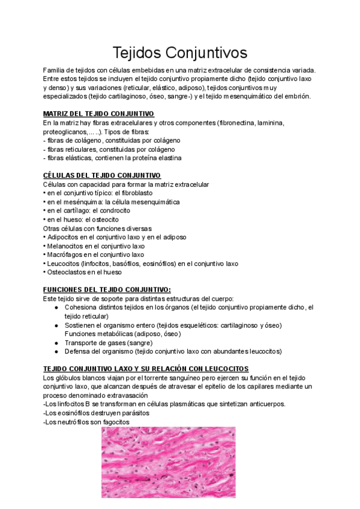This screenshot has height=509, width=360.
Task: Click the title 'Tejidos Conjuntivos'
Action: [x=180, y=53]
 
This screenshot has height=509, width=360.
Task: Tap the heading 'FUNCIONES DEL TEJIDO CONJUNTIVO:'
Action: [x=107, y=289]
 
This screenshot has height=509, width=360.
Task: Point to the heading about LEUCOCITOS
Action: [x=146, y=368]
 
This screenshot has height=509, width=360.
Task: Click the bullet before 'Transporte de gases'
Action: [x=56, y=342]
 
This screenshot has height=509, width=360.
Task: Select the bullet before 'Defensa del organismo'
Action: [x=56, y=351]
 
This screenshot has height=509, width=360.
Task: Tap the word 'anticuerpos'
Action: [x=265, y=404]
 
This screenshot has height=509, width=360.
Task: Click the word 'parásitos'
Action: [x=131, y=413]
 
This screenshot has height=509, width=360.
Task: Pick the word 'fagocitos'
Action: [x=112, y=422]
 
